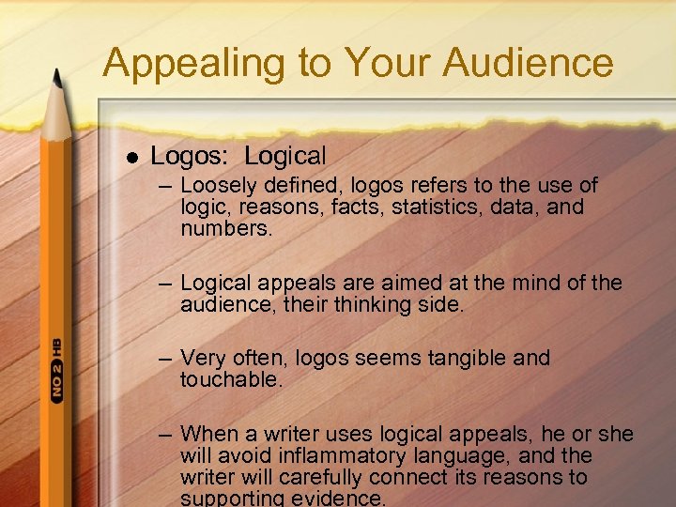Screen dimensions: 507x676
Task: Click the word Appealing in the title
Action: coord(177,64)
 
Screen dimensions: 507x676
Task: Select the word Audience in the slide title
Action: coord(528,64)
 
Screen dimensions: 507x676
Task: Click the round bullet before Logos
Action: coord(131,156)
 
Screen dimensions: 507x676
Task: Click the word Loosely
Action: coord(219,186)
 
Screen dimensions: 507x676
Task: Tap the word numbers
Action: coord(226,227)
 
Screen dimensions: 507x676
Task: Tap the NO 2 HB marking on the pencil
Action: coord(56,371)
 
